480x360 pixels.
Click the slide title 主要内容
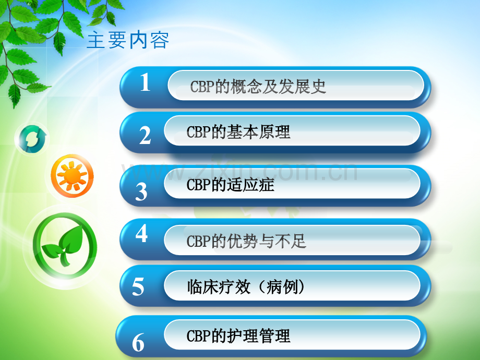(x=128, y=40)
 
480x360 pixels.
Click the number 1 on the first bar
(x=145, y=82)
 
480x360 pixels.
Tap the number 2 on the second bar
(x=145, y=135)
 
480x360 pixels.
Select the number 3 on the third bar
(x=141, y=191)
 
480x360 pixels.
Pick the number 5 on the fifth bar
(x=138, y=286)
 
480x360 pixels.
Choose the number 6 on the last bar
(x=138, y=342)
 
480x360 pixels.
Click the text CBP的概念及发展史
(x=258, y=86)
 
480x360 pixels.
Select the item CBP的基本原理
(x=238, y=132)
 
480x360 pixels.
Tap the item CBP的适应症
(x=230, y=185)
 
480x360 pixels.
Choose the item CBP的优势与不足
(x=246, y=241)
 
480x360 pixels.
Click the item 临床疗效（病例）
(x=246, y=287)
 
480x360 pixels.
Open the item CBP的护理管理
(x=238, y=336)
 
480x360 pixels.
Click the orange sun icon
(x=72, y=175)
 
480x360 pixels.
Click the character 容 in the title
(x=160, y=40)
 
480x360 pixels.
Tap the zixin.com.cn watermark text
(x=239, y=171)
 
